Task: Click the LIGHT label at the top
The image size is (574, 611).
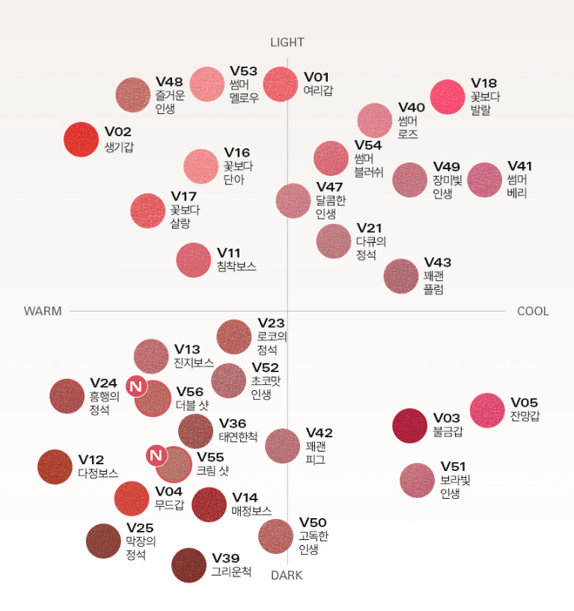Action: coord(287,43)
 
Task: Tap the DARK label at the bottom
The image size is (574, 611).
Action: coord(287,576)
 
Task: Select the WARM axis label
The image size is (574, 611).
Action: coord(43,311)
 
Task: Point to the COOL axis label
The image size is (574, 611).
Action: coord(533,311)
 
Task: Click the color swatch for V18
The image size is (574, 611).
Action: coord(448,97)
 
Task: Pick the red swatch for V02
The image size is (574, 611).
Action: coord(81,139)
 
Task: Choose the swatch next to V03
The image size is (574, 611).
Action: coord(410,425)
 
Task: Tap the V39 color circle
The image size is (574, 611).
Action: coord(189,565)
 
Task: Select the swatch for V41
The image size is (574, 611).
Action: coord(484,180)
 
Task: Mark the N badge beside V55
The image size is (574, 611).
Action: coord(156,455)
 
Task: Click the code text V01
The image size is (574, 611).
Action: coord(317,77)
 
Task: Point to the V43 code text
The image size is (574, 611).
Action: coord(438,262)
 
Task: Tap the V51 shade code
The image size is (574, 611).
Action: coord(453,467)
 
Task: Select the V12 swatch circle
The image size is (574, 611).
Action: coord(55,466)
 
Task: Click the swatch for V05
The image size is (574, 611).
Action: coord(487,410)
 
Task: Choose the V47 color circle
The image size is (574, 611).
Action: coord(293,200)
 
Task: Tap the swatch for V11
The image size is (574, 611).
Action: coord(194,260)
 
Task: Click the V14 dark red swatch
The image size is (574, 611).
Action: coord(209,504)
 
